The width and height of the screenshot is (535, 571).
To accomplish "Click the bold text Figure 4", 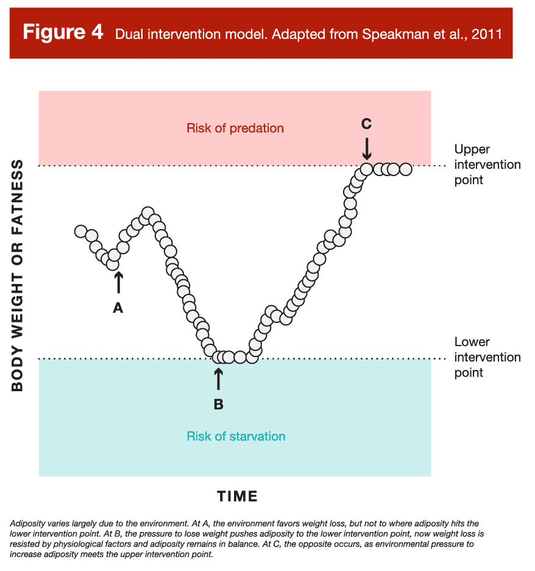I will point(63,32).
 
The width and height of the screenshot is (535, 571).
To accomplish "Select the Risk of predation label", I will point(235,128).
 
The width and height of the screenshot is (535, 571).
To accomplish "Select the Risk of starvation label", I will point(236,436).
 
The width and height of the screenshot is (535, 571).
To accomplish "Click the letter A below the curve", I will point(118,308).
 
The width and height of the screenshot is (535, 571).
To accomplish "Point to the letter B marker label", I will point(218,403).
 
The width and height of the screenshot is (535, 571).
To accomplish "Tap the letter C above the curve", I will point(366,124).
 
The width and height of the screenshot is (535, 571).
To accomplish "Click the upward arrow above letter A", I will point(118,283).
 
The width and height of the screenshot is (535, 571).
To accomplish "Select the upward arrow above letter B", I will point(218,378).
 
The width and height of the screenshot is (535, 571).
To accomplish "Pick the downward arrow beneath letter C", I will point(366,148).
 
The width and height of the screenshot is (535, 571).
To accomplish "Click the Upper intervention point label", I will point(487,165).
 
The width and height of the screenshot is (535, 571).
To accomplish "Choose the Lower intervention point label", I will point(487,357).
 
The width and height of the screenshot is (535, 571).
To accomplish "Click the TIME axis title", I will point(238,497).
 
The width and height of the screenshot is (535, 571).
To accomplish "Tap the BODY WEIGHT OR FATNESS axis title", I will point(18,275).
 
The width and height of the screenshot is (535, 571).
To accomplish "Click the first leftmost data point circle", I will point(80,232).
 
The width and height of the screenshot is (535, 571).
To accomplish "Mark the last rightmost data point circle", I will point(405,169).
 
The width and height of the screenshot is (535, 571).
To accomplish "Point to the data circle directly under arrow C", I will point(366,169).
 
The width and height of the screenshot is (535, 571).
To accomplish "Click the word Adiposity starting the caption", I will point(28,523).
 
